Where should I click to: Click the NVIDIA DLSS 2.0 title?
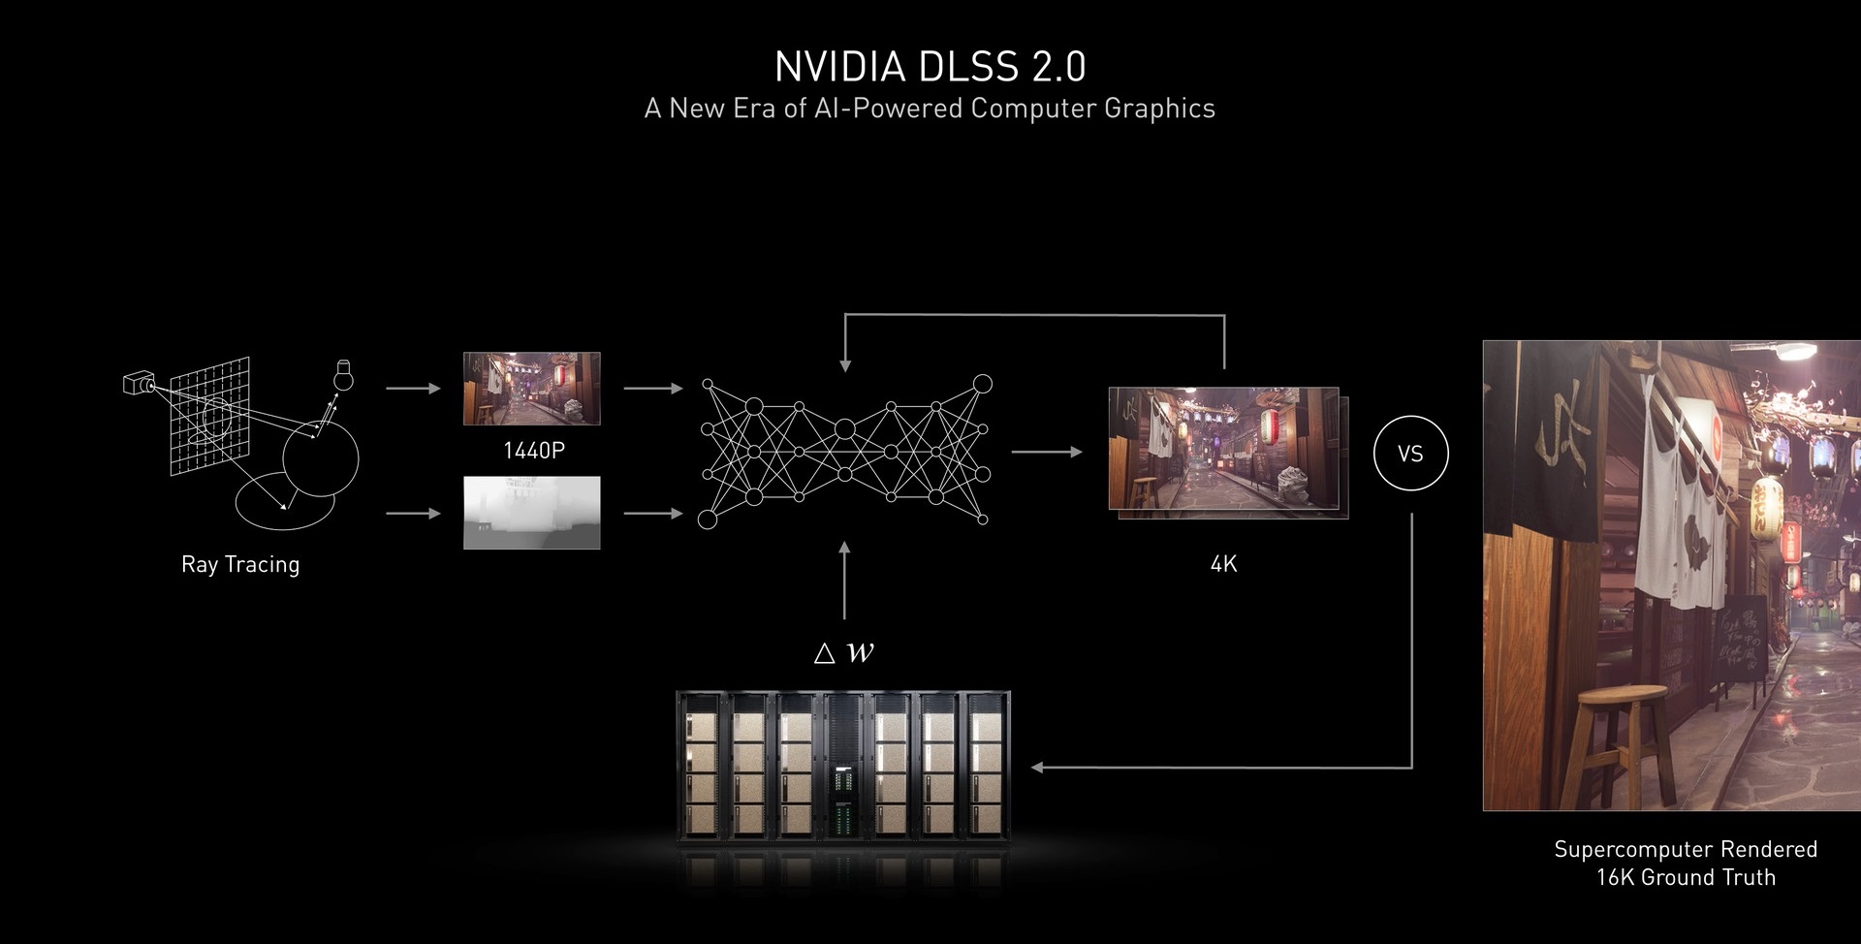(x=930, y=66)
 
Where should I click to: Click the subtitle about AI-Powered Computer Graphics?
(x=930, y=108)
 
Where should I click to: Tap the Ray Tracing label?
(x=240, y=564)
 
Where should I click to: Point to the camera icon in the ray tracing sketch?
(x=139, y=383)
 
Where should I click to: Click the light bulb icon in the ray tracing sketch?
(x=341, y=374)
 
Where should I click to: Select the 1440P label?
(x=534, y=451)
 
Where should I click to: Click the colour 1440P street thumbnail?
(x=532, y=389)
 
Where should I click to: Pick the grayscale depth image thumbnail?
(x=532, y=513)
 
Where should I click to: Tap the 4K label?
(x=1224, y=564)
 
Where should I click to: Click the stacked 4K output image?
(x=1228, y=454)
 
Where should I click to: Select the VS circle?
(x=1411, y=454)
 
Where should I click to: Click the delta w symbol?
(x=844, y=653)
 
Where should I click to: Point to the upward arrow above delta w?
(x=844, y=581)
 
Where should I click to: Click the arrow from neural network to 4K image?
(x=1047, y=452)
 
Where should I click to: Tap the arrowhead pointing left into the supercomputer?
(x=1037, y=768)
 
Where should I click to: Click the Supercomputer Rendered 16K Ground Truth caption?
(x=1686, y=864)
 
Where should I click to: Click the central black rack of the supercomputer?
(x=844, y=766)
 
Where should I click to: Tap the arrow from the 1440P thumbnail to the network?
(x=654, y=389)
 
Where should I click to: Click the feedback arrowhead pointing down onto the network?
(x=845, y=365)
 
